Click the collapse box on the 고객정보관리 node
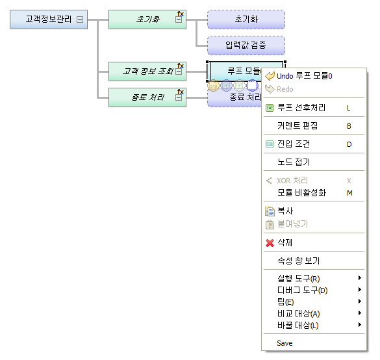tap(80, 19)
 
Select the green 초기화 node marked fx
tap(144, 19)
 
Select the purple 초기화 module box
tap(246, 19)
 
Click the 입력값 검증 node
tap(246, 45)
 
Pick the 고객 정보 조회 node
tap(144, 71)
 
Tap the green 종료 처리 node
tap(144, 97)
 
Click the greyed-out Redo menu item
tap(285, 89)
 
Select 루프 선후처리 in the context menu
tap(301, 108)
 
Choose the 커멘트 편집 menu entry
tap(297, 126)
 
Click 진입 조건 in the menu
tap(293, 144)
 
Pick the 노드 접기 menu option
tap(293, 162)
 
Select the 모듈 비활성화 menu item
tap(301, 192)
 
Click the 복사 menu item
tap(285, 211)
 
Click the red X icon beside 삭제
tap(270, 242)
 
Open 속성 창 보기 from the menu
tap(298, 261)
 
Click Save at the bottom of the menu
tap(285, 343)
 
